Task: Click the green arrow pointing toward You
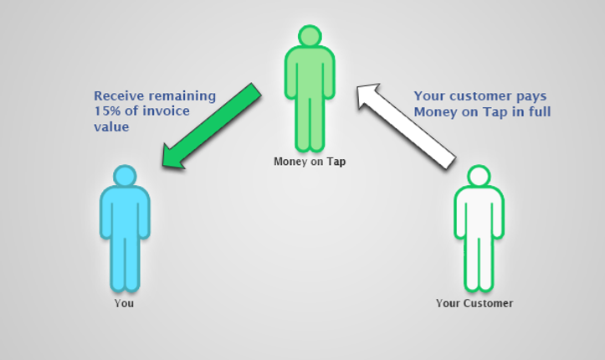click(x=212, y=126)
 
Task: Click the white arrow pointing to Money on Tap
click(x=406, y=126)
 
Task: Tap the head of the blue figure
click(x=125, y=176)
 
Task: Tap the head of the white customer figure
click(x=479, y=176)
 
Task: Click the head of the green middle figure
click(x=310, y=36)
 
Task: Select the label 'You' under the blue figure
click(x=124, y=303)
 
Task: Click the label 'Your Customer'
click(x=474, y=303)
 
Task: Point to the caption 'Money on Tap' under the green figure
click(x=310, y=162)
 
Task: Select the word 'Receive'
click(x=119, y=95)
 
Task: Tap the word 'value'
click(x=111, y=127)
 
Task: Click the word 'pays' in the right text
click(x=531, y=97)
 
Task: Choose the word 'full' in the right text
click(x=540, y=111)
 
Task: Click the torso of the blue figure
click(x=125, y=212)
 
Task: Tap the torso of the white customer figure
click(x=479, y=212)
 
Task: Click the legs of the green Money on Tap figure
click(x=310, y=123)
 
